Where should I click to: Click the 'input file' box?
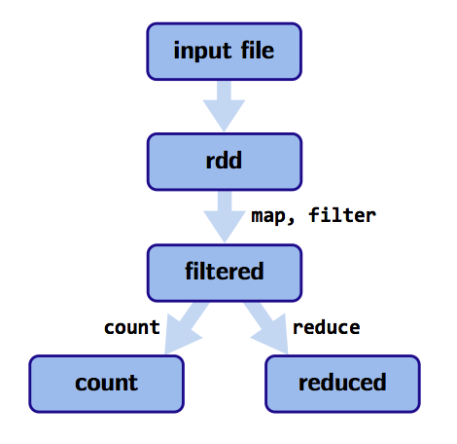[225, 52]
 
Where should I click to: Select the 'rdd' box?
[225, 162]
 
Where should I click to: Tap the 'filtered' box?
[225, 273]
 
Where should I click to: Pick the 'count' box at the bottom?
[107, 384]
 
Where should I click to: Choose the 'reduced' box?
[342, 384]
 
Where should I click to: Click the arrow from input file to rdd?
[224, 106]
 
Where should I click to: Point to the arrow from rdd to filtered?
[225, 217]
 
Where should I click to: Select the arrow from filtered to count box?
[184, 328]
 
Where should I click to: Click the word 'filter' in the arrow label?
[342, 215]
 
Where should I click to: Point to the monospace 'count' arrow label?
[132, 327]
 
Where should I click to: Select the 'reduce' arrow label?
[327, 327]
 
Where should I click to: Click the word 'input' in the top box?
[202, 52]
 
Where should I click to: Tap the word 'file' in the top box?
[258, 51]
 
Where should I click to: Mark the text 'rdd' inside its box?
[224, 160]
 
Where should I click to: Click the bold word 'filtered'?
[225, 271]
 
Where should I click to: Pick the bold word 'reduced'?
[342, 382]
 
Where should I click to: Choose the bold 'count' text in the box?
[106, 383]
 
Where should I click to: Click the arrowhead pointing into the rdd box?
[224, 116]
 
